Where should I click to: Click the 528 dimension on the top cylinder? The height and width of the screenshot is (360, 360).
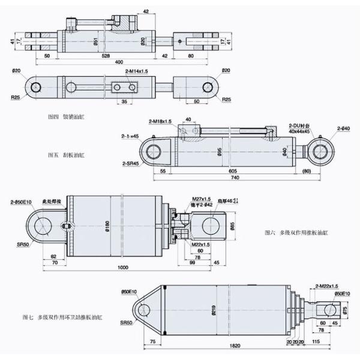(x=106, y=55)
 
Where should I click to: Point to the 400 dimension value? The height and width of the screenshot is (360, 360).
(x=119, y=62)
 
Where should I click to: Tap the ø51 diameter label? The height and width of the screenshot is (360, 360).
(x=96, y=42)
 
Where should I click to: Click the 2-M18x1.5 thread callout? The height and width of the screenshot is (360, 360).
(x=160, y=122)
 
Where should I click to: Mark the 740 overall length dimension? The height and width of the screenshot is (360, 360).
(x=233, y=179)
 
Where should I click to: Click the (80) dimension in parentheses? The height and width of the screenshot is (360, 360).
(x=308, y=171)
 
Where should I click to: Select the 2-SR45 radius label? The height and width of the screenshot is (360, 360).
(x=131, y=163)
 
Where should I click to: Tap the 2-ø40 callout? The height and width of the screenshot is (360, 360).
(x=344, y=128)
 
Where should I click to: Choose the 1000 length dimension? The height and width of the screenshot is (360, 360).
(x=124, y=267)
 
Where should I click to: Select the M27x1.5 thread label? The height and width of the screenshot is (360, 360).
(x=201, y=199)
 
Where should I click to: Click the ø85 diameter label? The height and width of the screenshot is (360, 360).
(x=232, y=226)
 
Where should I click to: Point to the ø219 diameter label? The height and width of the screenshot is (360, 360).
(x=214, y=311)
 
